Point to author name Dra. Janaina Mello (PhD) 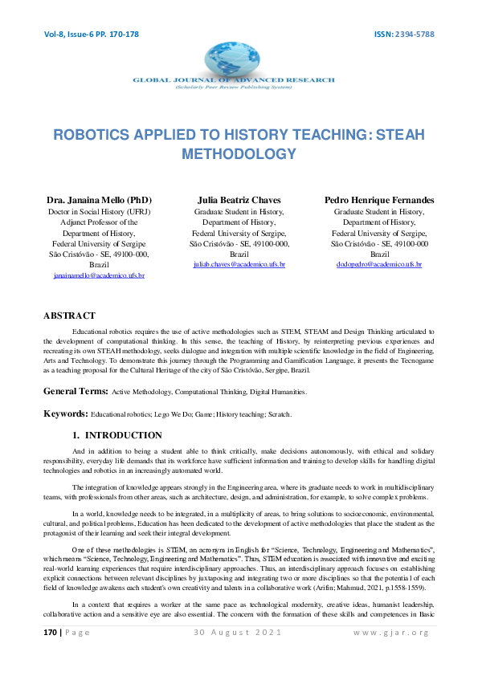[x=100, y=199]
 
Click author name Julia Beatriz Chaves [x=239, y=199]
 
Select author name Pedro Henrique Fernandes [x=380, y=199]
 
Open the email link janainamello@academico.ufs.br [x=100, y=275]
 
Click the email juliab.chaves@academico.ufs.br [x=239, y=264]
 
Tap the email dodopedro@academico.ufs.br [x=379, y=264]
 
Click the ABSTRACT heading [x=69, y=316]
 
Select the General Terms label [x=76, y=390]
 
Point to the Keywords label [x=65, y=413]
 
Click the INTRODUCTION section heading [x=123, y=435]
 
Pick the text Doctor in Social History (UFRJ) [x=100, y=212]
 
